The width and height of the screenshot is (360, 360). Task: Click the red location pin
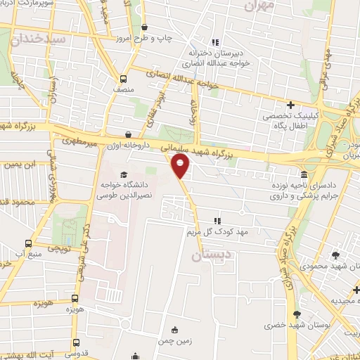[x=181, y=166]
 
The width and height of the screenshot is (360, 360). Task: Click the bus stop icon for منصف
[x=124, y=79]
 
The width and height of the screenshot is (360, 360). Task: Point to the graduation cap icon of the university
[x=124, y=174]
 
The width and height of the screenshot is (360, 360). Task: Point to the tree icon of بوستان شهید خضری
[x=296, y=314]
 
